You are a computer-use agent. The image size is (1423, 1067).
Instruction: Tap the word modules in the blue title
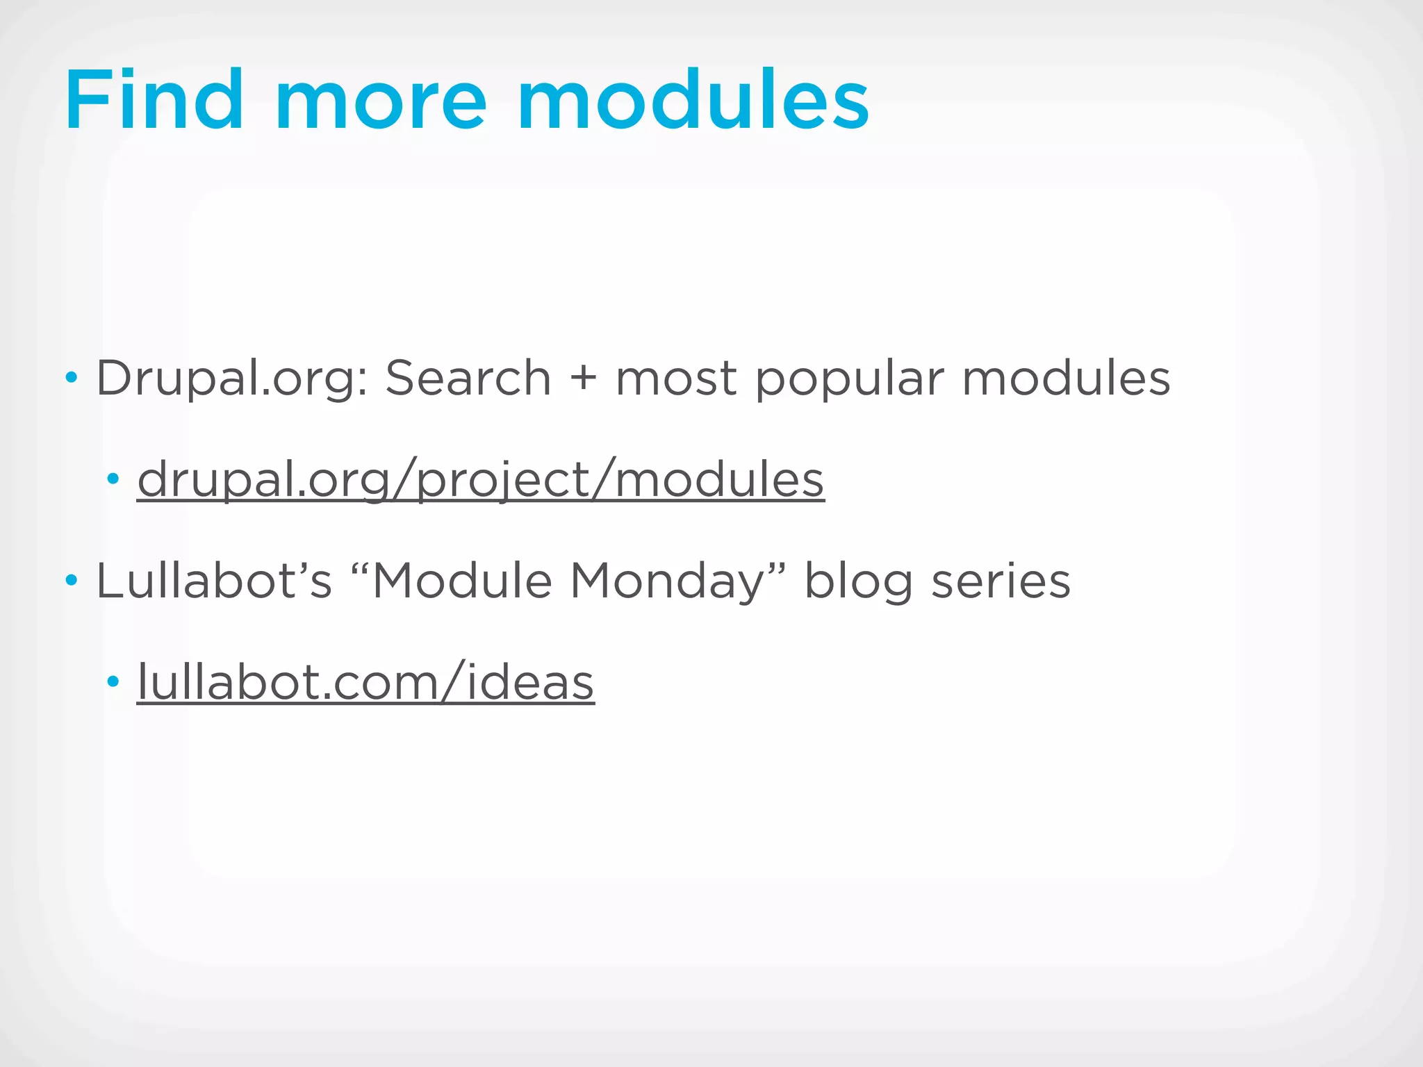click(693, 101)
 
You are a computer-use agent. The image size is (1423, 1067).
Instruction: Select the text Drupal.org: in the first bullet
click(232, 379)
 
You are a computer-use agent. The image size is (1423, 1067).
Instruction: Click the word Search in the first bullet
click(468, 379)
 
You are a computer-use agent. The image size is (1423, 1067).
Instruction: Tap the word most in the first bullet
click(676, 379)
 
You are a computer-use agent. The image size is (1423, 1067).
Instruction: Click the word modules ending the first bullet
click(1066, 379)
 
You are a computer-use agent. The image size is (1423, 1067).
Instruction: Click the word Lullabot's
click(214, 581)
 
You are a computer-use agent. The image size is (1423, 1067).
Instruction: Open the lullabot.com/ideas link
click(365, 682)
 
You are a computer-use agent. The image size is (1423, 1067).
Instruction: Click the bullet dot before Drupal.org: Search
click(71, 379)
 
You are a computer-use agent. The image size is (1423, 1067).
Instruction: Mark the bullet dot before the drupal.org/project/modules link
click(113, 479)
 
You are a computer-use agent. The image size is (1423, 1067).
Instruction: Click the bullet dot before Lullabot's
click(71, 581)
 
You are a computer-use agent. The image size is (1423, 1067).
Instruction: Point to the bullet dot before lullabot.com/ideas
click(113, 681)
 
